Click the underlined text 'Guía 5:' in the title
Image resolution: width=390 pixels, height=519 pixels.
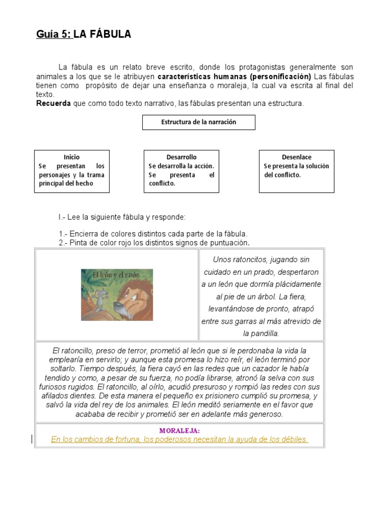[54, 34]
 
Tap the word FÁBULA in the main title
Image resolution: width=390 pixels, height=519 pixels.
[109, 34]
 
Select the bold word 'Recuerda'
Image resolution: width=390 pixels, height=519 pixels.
[54, 103]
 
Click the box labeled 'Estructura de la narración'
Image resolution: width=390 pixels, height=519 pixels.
[199, 122]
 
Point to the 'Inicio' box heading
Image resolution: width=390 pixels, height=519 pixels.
[72, 157]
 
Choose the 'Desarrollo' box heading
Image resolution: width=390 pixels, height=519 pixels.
[181, 157]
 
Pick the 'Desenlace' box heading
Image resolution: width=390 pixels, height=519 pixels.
[297, 157]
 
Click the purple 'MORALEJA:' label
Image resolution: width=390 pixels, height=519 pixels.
[179, 431]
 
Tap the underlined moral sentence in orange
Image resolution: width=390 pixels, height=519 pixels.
[179, 439]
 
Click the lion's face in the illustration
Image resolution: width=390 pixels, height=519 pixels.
[133, 299]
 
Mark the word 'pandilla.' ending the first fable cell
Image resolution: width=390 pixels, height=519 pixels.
[262, 333]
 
